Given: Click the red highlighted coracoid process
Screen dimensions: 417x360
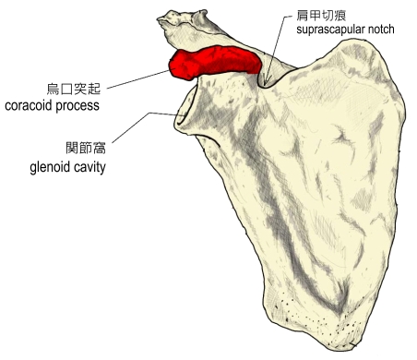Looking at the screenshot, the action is pyautogui.click(x=215, y=62).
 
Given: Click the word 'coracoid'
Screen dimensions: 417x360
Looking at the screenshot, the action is pyautogui.click(x=29, y=105).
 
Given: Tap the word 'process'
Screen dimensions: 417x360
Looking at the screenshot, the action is pyautogui.click(x=77, y=107).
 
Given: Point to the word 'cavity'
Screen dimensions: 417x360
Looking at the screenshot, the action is pyautogui.click(x=89, y=168).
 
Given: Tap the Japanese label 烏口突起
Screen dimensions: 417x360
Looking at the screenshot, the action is pyautogui.click(x=74, y=89).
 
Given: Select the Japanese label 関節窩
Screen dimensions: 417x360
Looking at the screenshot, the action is pyautogui.click(x=86, y=148).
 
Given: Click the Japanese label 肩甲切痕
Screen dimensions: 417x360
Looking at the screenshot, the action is pyautogui.click(x=321, y=15).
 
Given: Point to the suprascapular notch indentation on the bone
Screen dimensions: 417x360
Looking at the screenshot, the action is pyautogui.click(x=266, y=82).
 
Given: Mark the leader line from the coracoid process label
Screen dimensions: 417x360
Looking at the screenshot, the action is pyautogui.click(x=138, y=79).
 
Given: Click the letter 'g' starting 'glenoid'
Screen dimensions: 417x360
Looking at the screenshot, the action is pyautogui.click(x=33, y=169).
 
